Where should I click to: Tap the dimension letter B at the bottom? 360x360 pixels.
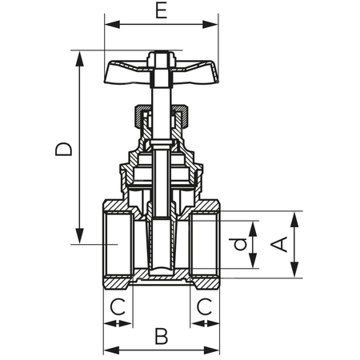click(x=161, y=336)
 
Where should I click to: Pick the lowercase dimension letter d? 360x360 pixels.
click(x=238, y=245)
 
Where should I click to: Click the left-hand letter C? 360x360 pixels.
click(x=118, y=306)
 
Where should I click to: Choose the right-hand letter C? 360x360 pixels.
click(x=204, y=306)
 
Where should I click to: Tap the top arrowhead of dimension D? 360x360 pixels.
click(x=80, y=55)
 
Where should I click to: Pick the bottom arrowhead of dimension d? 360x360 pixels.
click(x=253, y=264)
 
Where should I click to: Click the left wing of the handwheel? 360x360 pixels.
click(x=125, y=71)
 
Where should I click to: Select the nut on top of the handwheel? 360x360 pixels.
click(x=162, y=58)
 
